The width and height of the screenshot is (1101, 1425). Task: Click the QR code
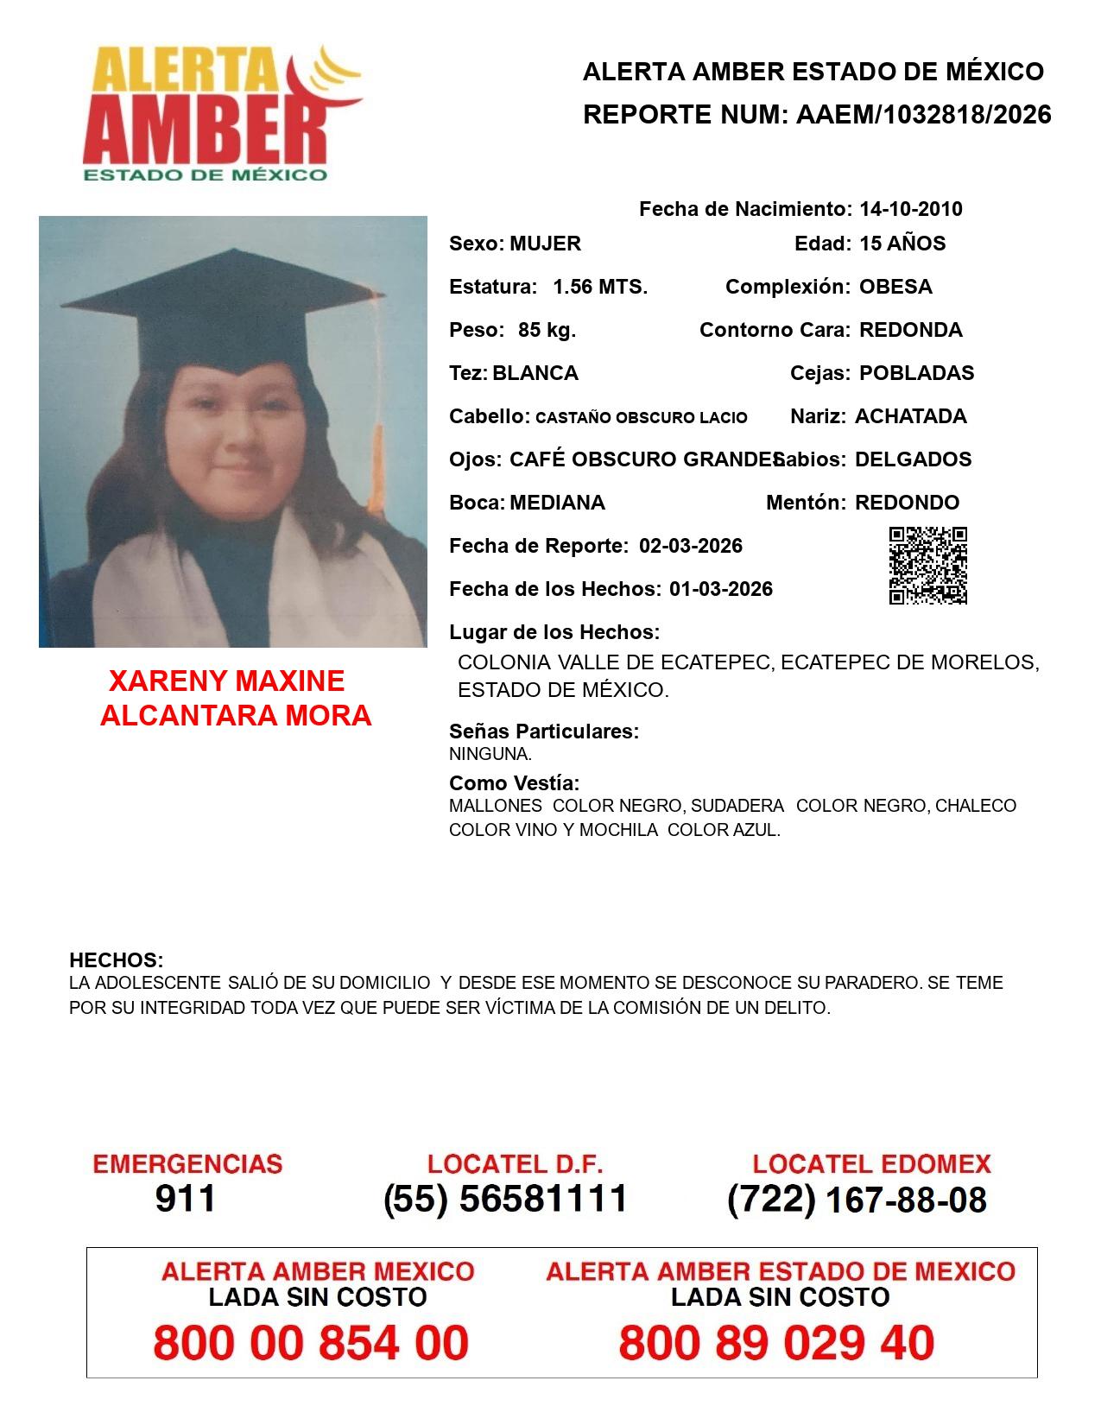[928, 566]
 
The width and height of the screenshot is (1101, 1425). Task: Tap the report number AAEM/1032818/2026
[923, 115]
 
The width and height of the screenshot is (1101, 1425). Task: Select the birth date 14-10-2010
[910, 209]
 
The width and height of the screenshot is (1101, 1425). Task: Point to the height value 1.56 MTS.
[600, 287]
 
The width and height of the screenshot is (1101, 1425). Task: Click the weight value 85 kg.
[547, 330]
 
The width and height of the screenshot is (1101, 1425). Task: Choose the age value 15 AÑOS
[902, 244]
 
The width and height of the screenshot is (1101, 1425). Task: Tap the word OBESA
[895, 287]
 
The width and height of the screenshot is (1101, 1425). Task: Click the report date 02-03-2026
[691, 546]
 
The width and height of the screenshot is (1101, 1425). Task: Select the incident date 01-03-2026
[721, 589]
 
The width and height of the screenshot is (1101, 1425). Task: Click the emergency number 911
[186, 1199]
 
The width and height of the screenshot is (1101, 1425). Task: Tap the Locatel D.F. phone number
[506, 1199]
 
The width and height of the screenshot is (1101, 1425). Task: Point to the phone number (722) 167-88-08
[857, 1200]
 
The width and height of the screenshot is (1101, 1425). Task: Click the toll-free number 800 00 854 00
[311, 1343]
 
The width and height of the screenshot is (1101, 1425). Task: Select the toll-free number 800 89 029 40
[776, 1343]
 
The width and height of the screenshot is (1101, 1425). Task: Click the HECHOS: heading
[116, 960]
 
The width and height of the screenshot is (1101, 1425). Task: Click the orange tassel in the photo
[376, 406]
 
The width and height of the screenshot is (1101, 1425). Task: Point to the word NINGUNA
[490, 754]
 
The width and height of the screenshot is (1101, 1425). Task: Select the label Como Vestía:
[514, 783]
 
